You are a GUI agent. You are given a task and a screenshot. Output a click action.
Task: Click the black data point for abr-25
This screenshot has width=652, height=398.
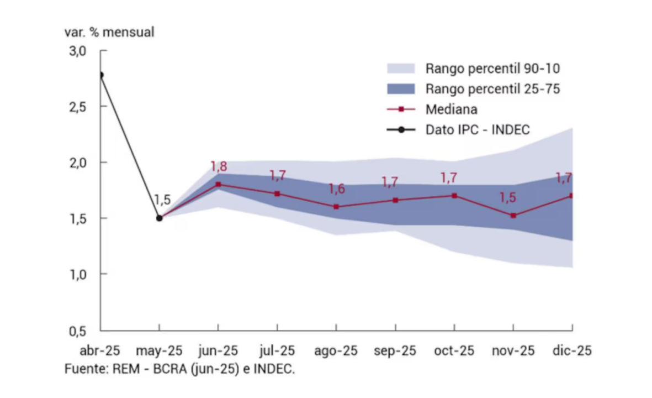[x=100, y=75]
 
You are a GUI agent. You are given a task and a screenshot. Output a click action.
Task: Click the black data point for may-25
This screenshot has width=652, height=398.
[x=160, y=218]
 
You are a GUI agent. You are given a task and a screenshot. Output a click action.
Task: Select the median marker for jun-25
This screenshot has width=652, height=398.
[x=218, y=184]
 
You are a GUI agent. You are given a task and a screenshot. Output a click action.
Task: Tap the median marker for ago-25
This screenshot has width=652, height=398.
[x=336, y=207]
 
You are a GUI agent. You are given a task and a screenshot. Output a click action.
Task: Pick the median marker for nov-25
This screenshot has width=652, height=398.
[x=513, y=216]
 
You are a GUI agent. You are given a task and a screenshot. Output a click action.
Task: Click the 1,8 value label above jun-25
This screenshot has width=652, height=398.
[x=219, y=166]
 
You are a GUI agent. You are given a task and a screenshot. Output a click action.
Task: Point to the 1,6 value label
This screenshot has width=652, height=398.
[x=337, y=189]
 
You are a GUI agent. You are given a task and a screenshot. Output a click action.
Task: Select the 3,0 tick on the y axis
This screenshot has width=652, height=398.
[x=78, y=51]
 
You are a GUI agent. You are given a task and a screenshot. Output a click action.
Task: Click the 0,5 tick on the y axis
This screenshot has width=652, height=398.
[x=78, y=331]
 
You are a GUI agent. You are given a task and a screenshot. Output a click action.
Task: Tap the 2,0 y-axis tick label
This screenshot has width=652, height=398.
[x=78, y=163]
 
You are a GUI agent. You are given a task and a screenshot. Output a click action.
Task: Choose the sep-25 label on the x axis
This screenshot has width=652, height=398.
[x=395, y=352]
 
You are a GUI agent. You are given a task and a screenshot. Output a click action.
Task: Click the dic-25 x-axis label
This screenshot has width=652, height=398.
[x=572, y=352]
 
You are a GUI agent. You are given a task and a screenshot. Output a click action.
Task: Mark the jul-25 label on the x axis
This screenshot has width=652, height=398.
[x=277, y=352]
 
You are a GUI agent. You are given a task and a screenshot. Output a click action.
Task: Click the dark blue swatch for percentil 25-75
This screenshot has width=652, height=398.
[x=401, y=88]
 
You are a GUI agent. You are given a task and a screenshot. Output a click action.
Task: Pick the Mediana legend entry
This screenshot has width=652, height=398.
[x=451, y=109]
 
